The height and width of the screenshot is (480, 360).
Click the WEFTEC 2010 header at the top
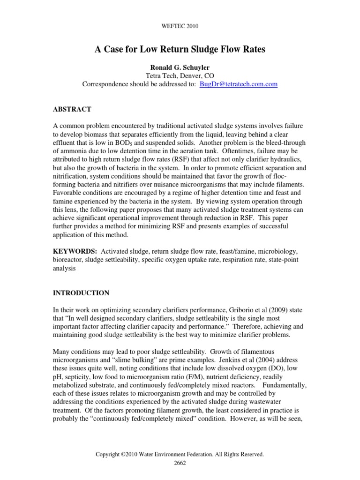pos(180,26)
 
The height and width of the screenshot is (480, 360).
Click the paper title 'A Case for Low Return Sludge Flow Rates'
pos(180,49)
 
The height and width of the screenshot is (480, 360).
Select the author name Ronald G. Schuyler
pos(180,67)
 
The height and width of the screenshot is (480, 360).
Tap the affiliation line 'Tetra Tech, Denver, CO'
pos(180,76)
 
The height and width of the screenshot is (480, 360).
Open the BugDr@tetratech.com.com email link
pos(239,84)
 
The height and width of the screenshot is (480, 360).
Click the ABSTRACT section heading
pos(72,109)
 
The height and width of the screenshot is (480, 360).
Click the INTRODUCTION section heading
pos(81,293)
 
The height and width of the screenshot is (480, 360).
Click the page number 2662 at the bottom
pos(180,462)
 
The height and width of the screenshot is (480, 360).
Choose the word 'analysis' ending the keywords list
pos(65,269)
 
